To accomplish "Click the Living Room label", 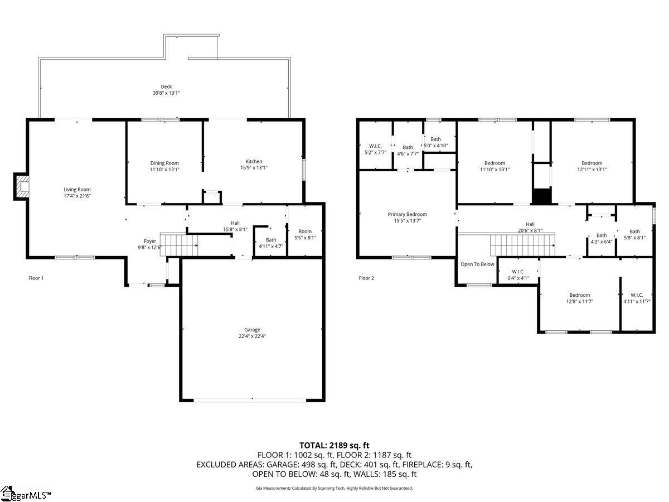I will [76, 190].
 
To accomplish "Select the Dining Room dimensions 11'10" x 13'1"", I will [164, 169].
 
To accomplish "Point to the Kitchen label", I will [254, 162].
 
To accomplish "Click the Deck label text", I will [166, 86].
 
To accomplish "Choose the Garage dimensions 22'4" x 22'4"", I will [252, 336].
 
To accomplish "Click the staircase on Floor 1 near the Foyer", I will [179, 245].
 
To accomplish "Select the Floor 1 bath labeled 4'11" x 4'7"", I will [270, 243].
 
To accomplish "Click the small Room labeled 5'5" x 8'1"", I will [305, 234].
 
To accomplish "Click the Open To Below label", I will [477, 264].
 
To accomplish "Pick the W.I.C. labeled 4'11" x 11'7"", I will [637, 298].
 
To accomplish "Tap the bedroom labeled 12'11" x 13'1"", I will [592, 166].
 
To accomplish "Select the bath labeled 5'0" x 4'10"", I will [435, 142].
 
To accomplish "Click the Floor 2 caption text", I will [366, 278].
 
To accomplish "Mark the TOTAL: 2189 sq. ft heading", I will [334, 445].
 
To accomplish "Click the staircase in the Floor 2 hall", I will [521, 244].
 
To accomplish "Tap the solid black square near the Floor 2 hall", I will [541, 196].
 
